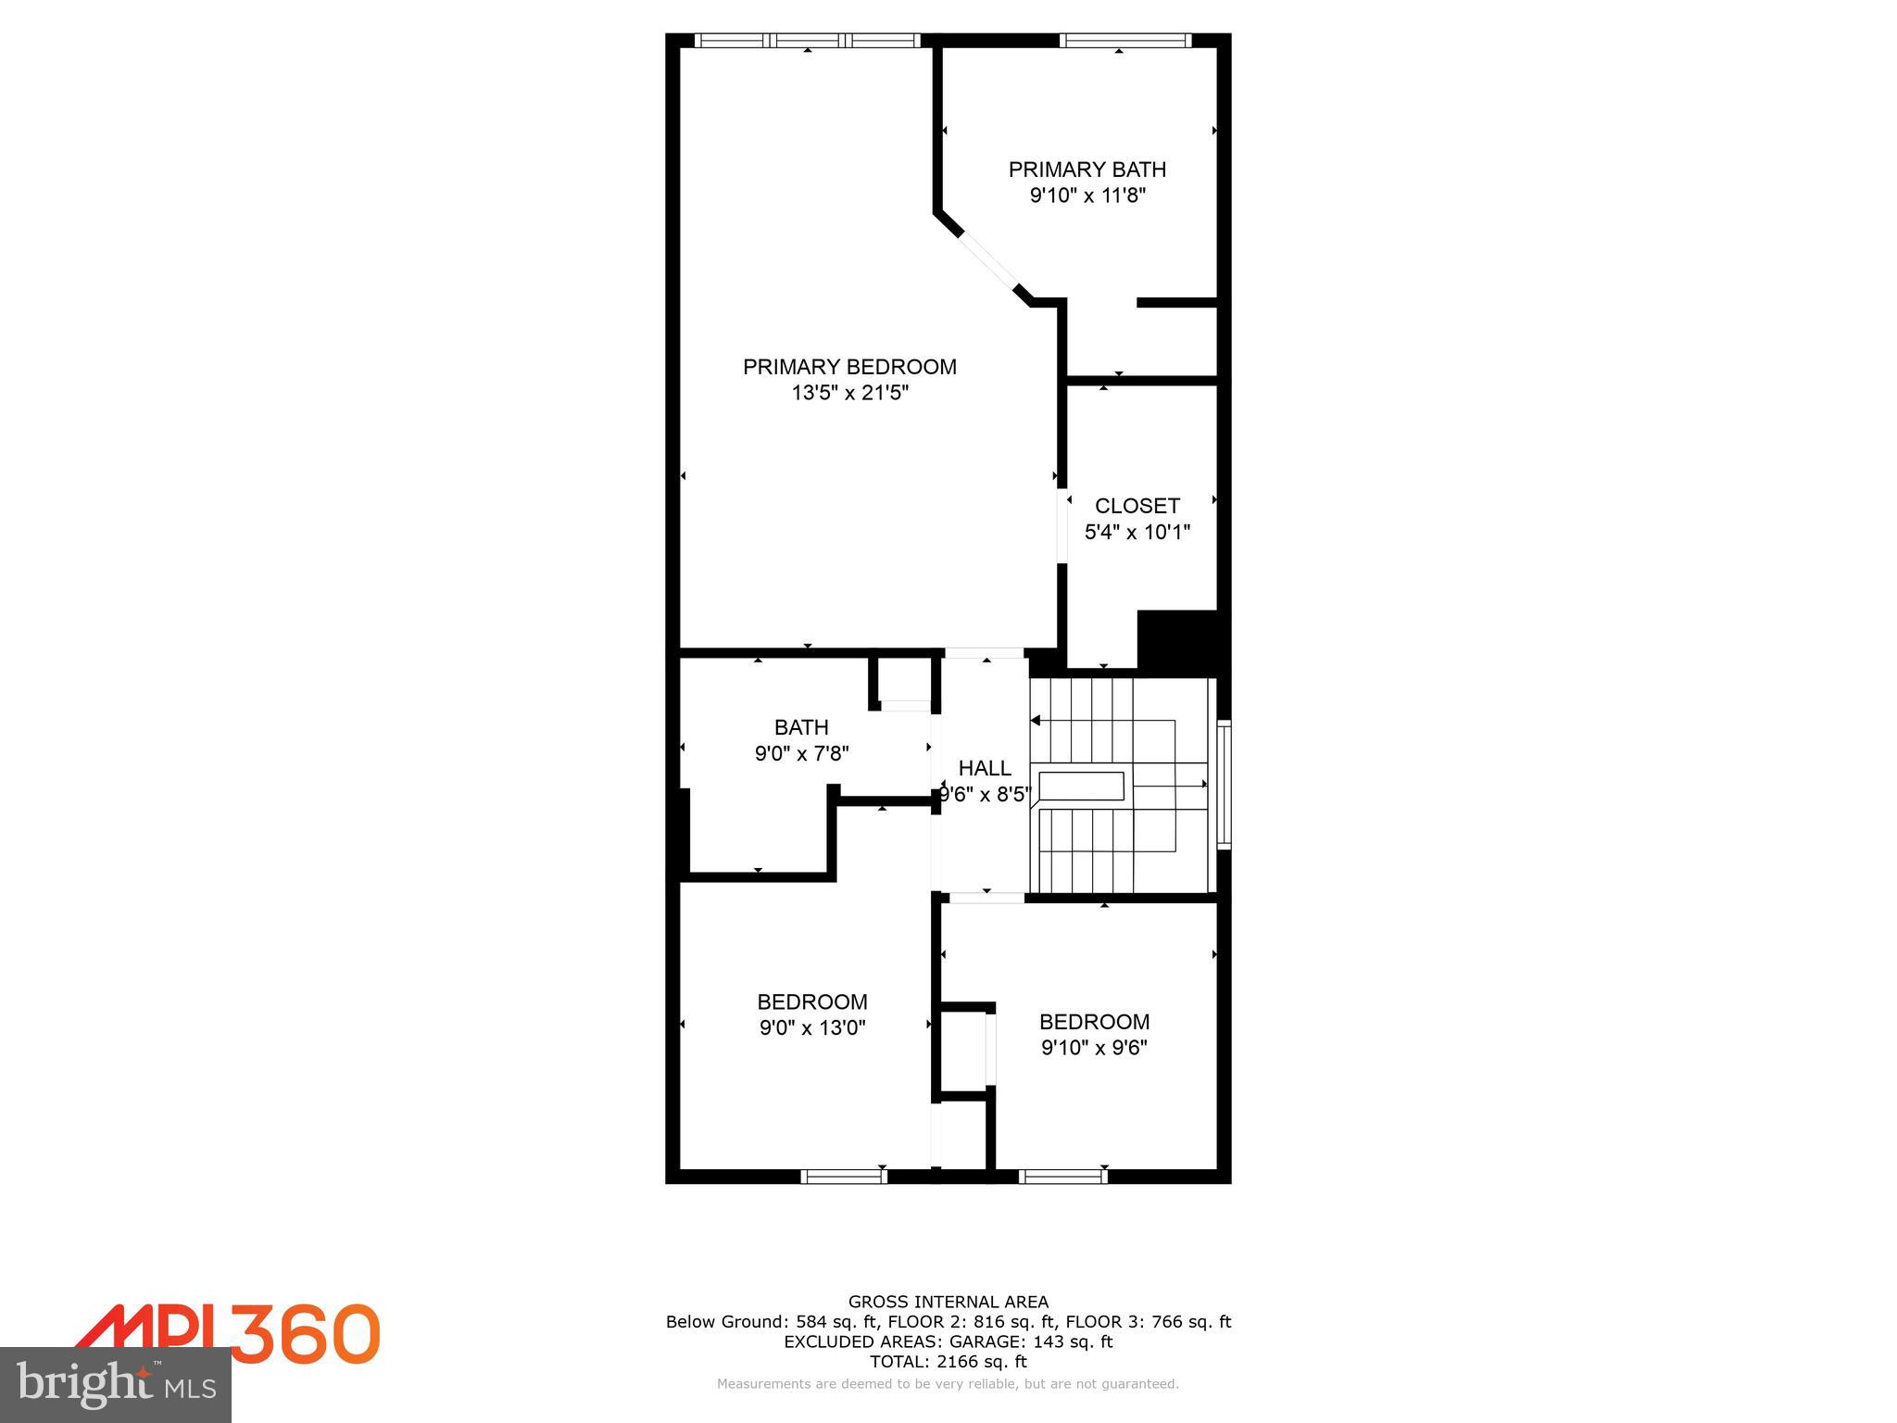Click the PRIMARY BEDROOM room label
(849, 367)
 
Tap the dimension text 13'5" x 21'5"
(849, 393)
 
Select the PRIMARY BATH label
(1087, 170)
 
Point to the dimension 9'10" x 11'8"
(1087, 195)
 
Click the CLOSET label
(1137, 506)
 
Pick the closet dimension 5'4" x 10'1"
(1137, 532)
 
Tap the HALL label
(985, 768)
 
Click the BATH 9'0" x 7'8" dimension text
(801, 754)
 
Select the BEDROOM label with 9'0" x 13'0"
(812, 1001)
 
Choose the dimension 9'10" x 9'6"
(1094, 1048)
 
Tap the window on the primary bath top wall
(1124, 40)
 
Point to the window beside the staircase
(1224, 785)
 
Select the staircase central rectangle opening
(1081, 786)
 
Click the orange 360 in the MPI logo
(305, 1333)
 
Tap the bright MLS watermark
(116, 1384)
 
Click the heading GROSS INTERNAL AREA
(948, 1302)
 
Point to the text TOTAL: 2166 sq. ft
(948, 1361)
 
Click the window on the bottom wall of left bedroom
(843, 1177)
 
